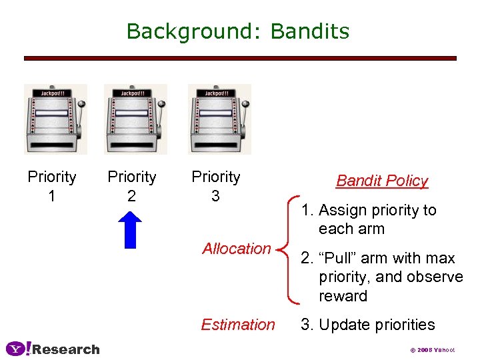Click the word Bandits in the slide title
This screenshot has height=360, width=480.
click(310, 31)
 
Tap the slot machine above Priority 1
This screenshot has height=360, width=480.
click(55, 119)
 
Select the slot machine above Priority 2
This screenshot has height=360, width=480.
click(135, 119)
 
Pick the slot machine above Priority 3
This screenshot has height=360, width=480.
click(219, 119)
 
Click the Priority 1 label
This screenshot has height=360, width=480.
click(52, 186)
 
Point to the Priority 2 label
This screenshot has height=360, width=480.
click(132, 186)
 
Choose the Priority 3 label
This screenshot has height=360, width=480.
click(215, 186)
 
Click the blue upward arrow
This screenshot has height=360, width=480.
click(132, 230)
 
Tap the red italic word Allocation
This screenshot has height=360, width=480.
click(236, 249)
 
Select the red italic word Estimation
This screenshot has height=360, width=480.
click(238, 325)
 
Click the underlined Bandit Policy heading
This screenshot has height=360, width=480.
click(382, 181)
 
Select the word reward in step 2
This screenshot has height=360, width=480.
click(343, 296)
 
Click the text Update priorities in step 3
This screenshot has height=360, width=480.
click(377, 325)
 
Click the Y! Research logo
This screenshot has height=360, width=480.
click(53, 349)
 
